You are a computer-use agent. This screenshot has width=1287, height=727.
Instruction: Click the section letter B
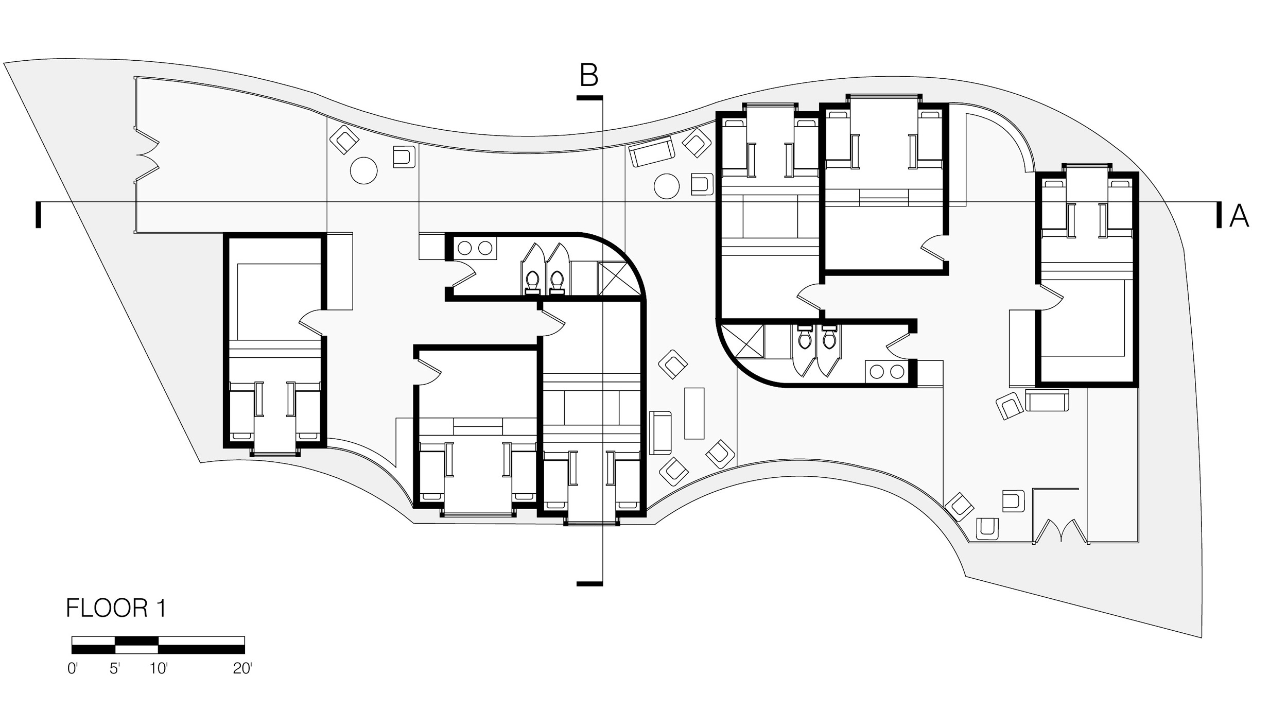pyautogui.click(x=589, y=76)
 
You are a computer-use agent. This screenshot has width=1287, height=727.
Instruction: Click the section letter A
pyautogui.click(x=1239, y=216)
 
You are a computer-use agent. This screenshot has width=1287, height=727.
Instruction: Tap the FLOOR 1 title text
pyautogui.click(x=116, y=608)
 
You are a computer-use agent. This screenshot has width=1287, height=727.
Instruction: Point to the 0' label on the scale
pyautogui.click(x=73, y=669)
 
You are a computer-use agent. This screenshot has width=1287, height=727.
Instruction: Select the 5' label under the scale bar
pyautogui.click(x=115, y=669)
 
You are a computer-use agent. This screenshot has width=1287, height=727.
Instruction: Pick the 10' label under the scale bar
pyautogui.click(x=159, y=669)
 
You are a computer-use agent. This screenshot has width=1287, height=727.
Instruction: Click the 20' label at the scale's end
pyautogui.click(x=242, y=669)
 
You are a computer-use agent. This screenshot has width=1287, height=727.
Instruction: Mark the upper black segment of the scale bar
pyautogui.click(x=136, y=641)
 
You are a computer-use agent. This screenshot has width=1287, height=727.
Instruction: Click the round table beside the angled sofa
pyautogui.click(x=667, y=186)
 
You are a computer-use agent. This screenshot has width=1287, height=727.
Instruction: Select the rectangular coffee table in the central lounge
pyautogui.click(x=694, y=413)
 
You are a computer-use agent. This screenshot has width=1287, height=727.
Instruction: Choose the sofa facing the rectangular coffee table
pyautogui.click(x=660, y=432)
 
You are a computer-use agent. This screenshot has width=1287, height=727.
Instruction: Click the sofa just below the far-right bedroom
pyautogui.click(x=1047, y=401)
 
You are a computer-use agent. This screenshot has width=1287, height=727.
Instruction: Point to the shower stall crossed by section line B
pyautogui.click(x=617, y=279)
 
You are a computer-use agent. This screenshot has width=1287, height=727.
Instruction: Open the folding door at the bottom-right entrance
pyautogui.click(x=1061, y=532)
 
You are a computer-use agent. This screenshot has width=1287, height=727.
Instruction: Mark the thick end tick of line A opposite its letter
pyautogui.click(x=38, y=215)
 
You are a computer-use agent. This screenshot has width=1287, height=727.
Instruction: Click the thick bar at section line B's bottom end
pyautogui.click(x=589, y=583)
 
